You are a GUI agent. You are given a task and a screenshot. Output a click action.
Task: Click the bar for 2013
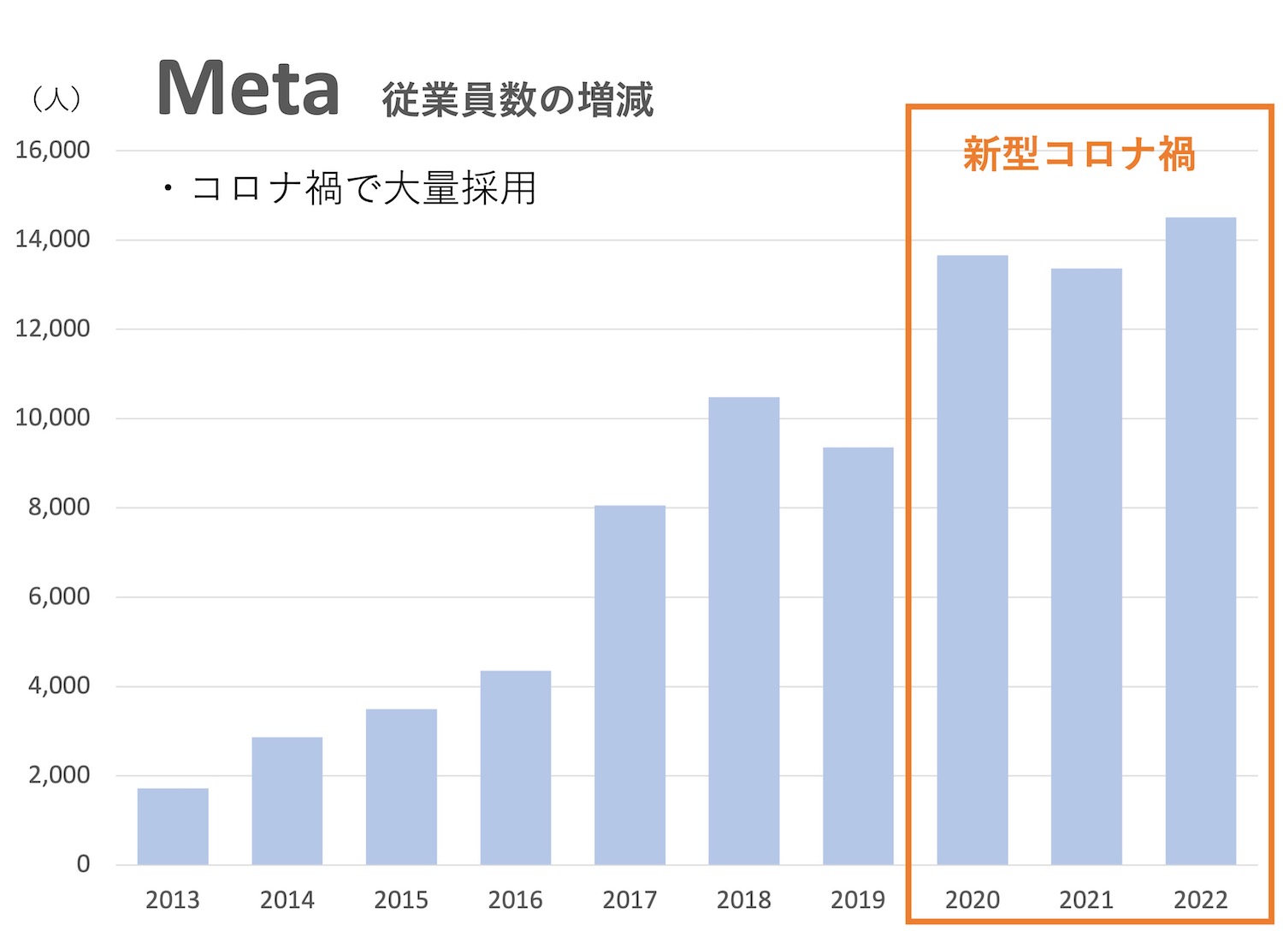(173, 826)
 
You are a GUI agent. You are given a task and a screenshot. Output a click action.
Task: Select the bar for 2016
(516, 768)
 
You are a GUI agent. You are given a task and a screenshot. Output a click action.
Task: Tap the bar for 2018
(744, 631)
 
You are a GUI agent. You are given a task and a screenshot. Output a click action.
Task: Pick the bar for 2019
(858, 655)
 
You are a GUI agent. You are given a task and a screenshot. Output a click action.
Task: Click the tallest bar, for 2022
(1201, 541)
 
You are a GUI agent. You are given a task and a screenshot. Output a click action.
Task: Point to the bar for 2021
(1086, 566)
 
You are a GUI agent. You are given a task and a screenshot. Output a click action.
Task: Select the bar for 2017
(630, 685)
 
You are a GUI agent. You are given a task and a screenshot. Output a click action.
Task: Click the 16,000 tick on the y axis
(52, 150)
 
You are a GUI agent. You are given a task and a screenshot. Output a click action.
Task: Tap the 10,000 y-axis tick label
(52, 418)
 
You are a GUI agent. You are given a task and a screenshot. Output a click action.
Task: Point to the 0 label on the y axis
(83, 863)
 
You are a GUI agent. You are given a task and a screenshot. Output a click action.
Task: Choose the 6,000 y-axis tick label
(59, 596)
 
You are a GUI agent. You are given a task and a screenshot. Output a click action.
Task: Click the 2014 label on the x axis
(287, 899)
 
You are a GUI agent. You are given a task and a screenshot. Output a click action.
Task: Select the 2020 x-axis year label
(973, 899)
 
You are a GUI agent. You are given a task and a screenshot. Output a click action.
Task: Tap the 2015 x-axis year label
(401, 899)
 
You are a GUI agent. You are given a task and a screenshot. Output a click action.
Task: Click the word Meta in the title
(248, 89)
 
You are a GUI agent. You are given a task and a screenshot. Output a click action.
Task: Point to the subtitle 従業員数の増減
(517, 100)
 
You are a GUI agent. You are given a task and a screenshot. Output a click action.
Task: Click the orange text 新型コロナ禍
(1079, 155)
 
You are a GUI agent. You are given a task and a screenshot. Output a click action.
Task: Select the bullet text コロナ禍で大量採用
(364, 188)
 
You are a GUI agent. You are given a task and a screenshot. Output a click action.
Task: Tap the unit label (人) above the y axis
(56, 99)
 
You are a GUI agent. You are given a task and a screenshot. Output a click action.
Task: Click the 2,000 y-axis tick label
(59, 774)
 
